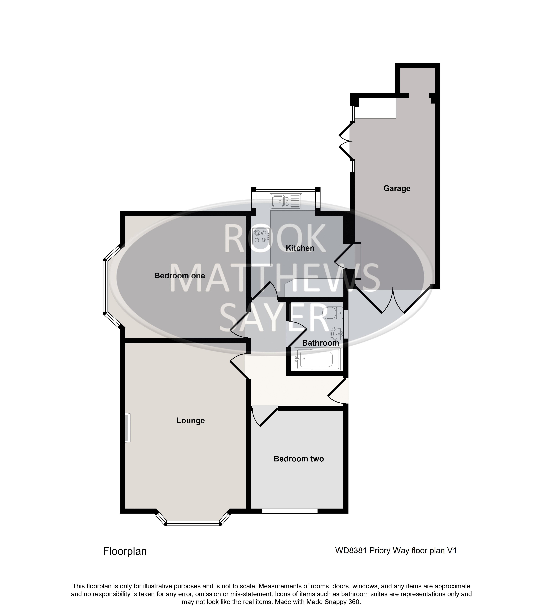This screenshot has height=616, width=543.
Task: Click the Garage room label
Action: tap(397, 189)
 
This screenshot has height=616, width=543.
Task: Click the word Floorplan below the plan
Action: tap(125, 551)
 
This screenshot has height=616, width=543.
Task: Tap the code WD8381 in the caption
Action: tap(351, 551)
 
